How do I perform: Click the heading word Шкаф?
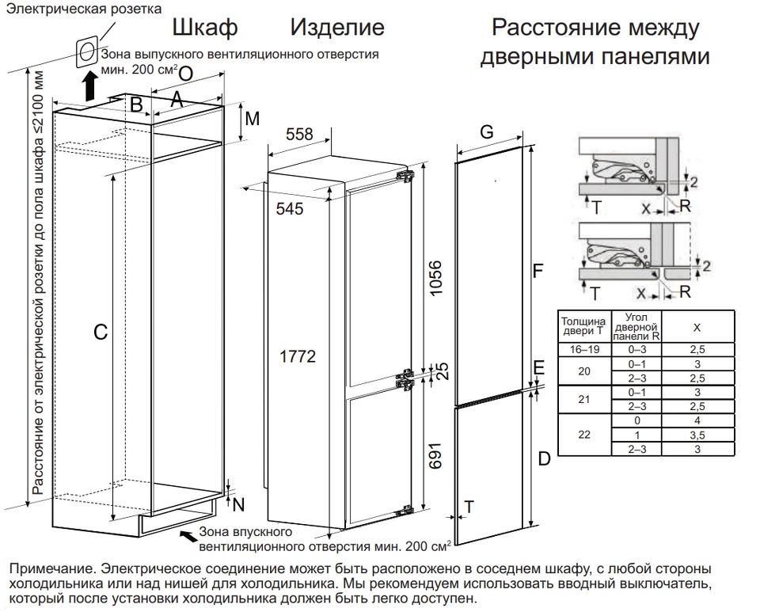pyautogui.click(x=205, y=29)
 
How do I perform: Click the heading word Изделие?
pyautogui.click(x=337, y=29)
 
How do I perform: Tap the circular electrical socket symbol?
pyautogui.click(x=87, y=51)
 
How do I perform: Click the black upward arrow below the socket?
pyautogui.click(x=91, y=81)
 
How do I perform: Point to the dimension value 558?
pyautogui.click(x=299, y=135)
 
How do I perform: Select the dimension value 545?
pyautogui.click(x=290, y=209)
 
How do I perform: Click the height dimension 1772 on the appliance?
pyautogui.click(x=298, y=357)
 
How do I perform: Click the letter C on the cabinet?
pyautogui.click(x=101, y=333)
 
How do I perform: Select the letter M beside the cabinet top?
pyautogui.click(x=253, y=120)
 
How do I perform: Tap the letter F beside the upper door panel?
pyautogui.click(x=538, y=272)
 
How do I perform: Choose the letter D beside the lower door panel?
pyautogui.click(x=544, y=458)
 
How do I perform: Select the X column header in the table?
pyautogui.click(x=697, y=327)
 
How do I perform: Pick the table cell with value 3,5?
pyautogui.click(x=697, y=435)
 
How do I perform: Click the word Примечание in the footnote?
pyautogui.click(x=47, y=569)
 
